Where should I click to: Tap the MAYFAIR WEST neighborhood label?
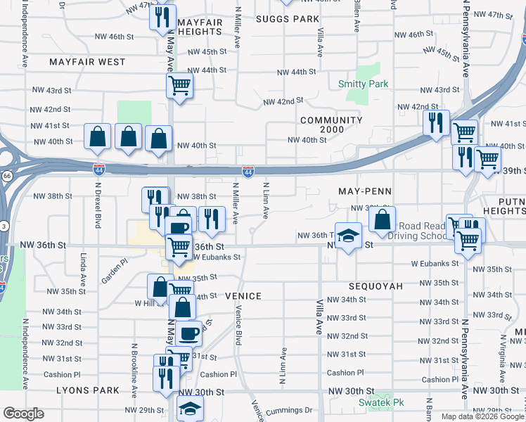(x=87, y=62)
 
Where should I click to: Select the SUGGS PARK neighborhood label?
(x=287, y=19)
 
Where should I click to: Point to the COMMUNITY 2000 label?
(x=331, y=124)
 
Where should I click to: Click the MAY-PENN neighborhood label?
(x=364, y=191)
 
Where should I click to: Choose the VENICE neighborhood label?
(x=243, y=296)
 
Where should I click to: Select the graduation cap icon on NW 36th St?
(x=347, y=235)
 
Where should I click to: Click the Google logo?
(x=23, y=414)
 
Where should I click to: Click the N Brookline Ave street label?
(x=133, y=365)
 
